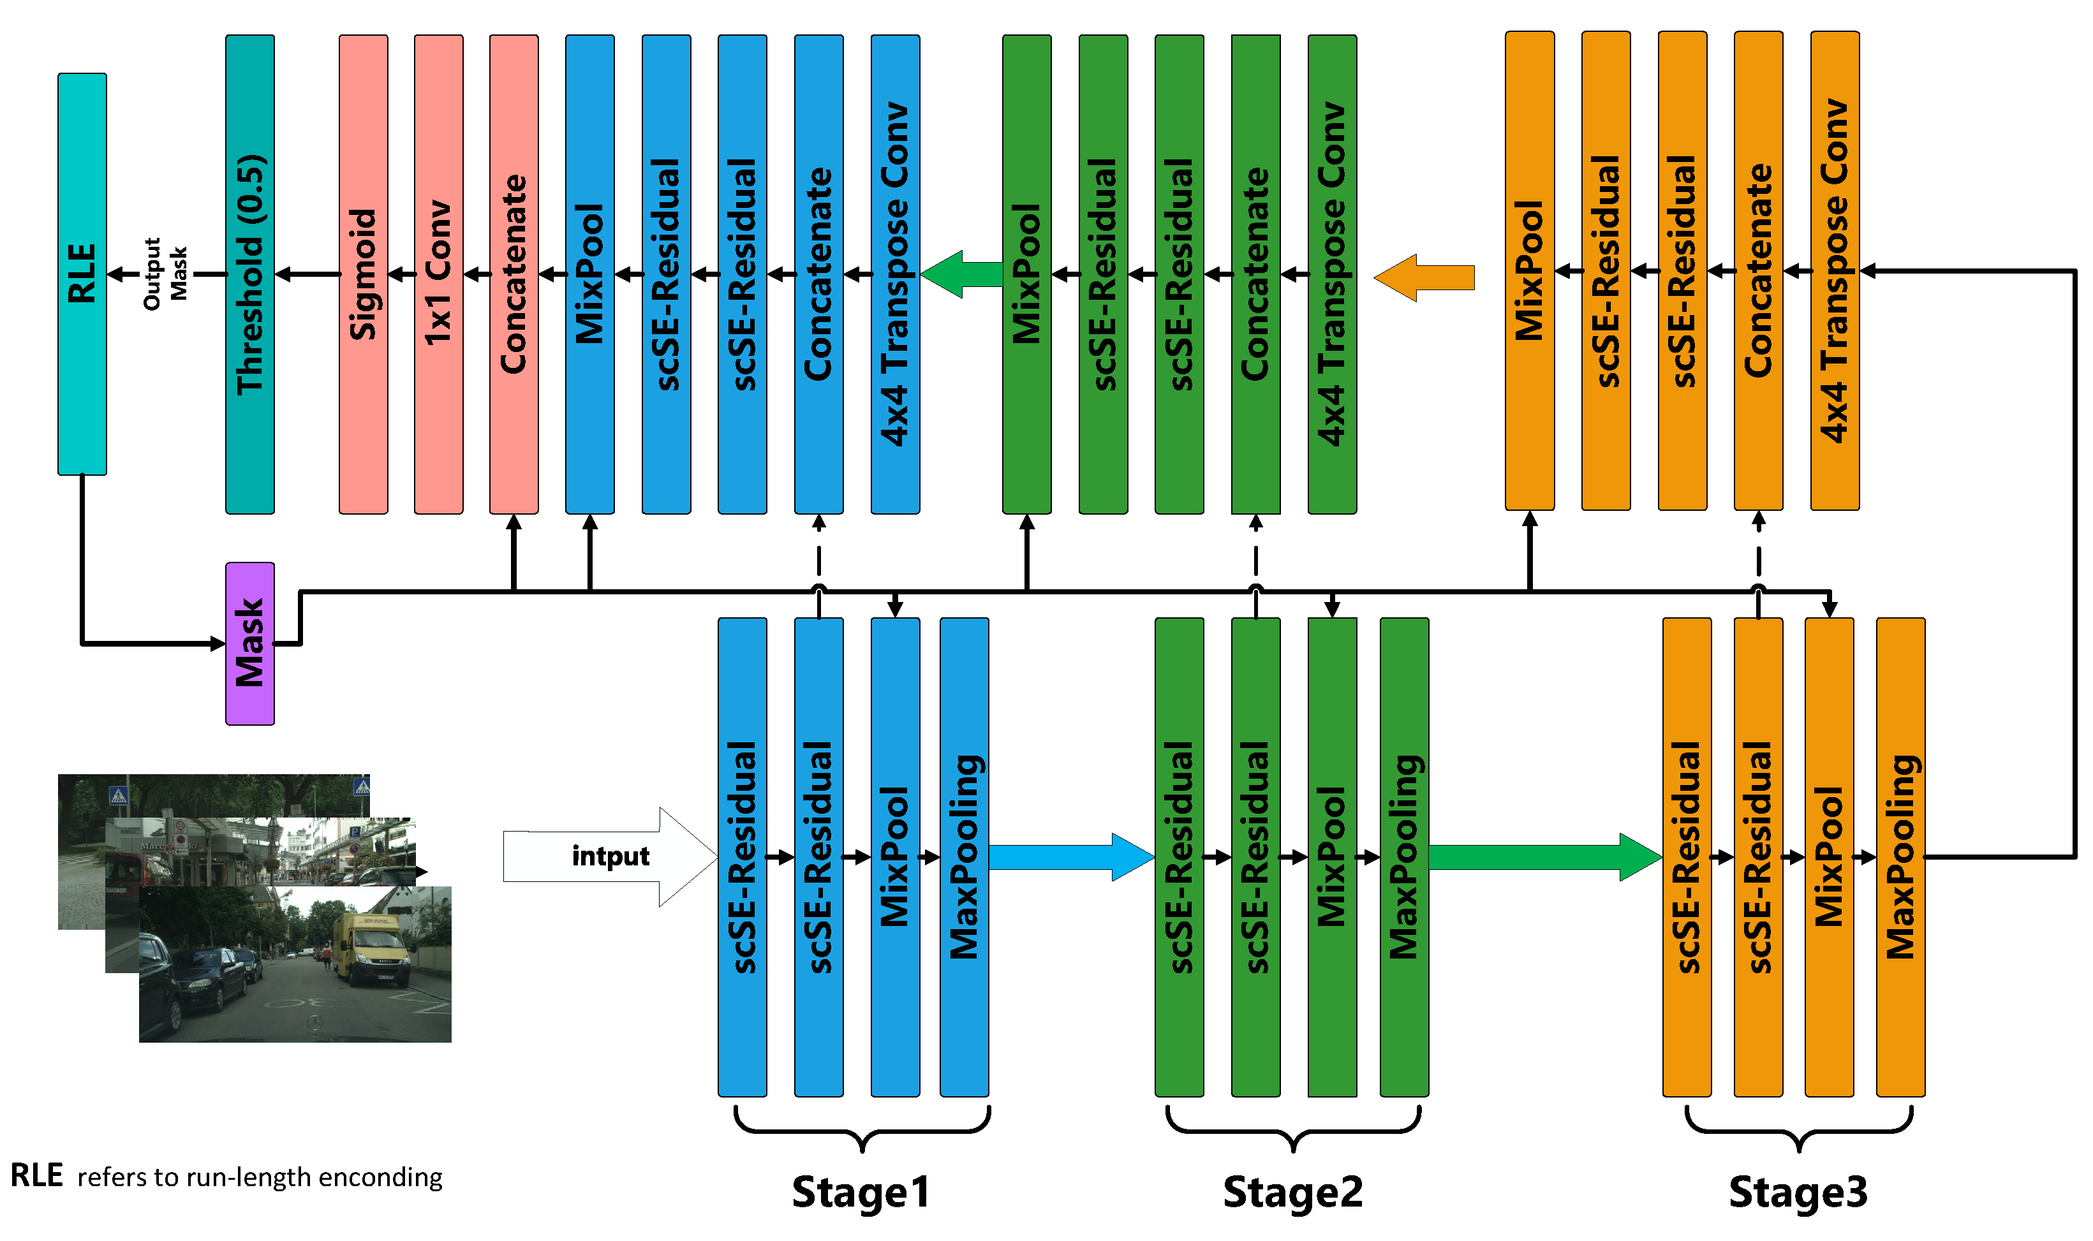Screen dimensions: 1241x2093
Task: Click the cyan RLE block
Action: (82, 274)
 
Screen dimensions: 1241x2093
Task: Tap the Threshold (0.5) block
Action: (249, 274)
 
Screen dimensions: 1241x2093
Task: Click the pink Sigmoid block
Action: (363, 274)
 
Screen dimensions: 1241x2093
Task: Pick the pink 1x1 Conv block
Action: (438, 274)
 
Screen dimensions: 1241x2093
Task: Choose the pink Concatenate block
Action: (514, 274)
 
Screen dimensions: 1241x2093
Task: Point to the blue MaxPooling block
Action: (964, 856)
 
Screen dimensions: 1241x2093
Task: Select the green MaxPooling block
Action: (1403, 856)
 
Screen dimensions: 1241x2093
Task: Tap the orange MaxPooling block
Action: (1900, 856)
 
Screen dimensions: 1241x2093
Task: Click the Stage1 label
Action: (860, 1192)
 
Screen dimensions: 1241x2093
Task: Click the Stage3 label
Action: (1798, 1192)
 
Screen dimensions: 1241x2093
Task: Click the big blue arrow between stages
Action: (1071, 856)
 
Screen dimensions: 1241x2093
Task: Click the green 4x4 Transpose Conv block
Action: (1332, 274)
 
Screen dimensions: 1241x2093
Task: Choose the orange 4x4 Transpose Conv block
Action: (1835, 270)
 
